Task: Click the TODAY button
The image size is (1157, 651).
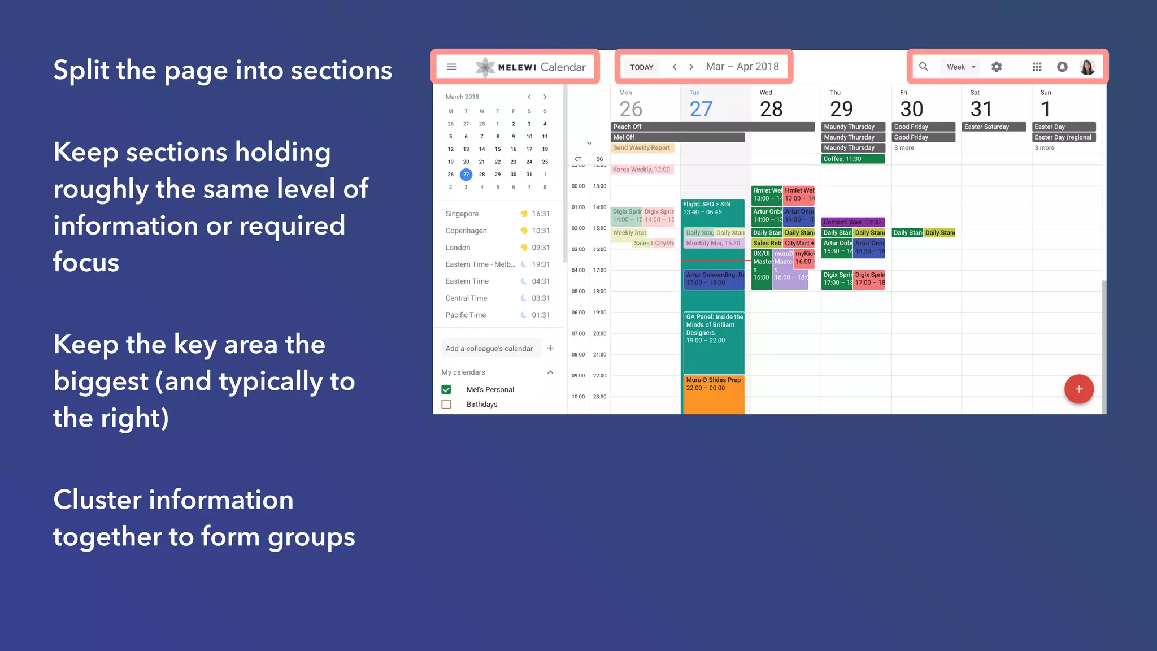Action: (641, 67)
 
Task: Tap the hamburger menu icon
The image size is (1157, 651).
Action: (451, 67)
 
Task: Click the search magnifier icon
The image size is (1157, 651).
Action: (924, 67)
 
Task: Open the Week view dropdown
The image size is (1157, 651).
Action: (961, 67)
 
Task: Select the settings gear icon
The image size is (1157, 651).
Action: (997, 67)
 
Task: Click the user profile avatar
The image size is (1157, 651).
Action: (1087, 67)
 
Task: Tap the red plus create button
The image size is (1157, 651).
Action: (1078, 389)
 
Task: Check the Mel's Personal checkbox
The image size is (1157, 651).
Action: (446, 389)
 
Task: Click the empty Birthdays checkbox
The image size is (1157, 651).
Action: (446, 404)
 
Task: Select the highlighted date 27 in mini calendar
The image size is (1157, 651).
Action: (466, 174)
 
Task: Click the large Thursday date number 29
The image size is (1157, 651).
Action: (841, 108)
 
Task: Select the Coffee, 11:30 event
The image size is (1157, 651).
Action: (852, 159)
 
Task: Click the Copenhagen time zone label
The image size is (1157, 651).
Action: (466, 231)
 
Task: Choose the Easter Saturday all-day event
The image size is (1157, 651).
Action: (993, 127)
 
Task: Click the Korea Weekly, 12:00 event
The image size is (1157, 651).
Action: (642, 170)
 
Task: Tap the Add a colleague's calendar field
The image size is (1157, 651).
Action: (489, 349)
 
